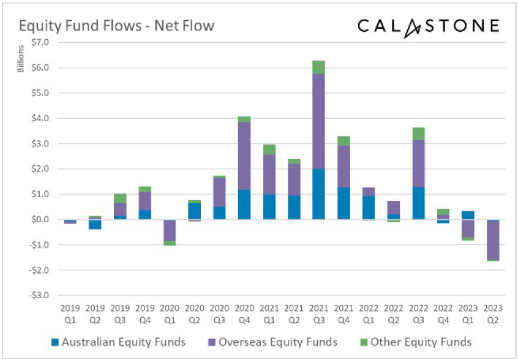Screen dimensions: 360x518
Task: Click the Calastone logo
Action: tap(428, 26)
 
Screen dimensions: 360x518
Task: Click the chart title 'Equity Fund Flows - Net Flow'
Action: tap(116, 26)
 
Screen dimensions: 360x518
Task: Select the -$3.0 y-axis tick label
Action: tap(40, 295)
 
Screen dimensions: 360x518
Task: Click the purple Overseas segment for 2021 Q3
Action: tap(318, 121)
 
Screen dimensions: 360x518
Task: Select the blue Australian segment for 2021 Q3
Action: tap(318, 194)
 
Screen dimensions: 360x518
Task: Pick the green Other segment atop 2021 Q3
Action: tap(318, 67)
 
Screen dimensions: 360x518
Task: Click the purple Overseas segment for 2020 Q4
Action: tap(244, 156)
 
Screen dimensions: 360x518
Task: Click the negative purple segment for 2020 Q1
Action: tap(170, 231)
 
